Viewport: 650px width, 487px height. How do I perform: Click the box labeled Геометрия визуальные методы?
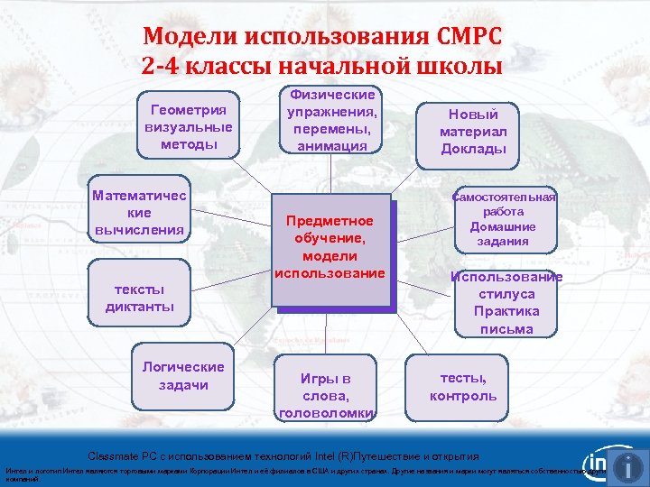coord(188,127)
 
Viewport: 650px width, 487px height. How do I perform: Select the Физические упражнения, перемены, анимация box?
coord(332,121)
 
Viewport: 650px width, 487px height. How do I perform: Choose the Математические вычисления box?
coord(139,213)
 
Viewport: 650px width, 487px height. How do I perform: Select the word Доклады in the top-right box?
coord(473,149)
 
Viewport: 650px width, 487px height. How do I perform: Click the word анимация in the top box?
coord(332,146)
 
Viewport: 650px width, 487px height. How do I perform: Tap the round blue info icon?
coord(627,466)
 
